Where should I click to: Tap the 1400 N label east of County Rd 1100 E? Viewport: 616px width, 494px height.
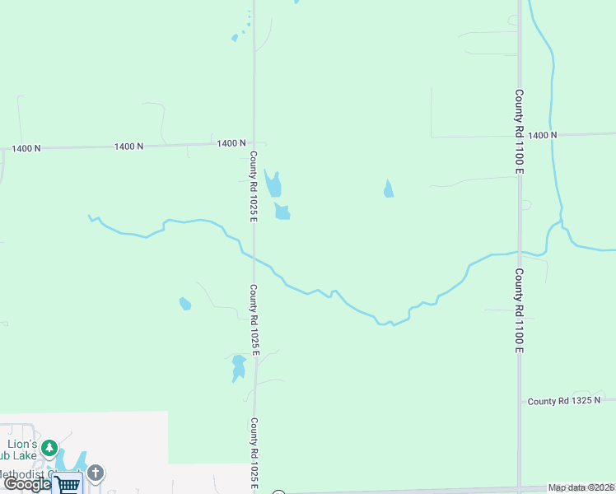(543, 135)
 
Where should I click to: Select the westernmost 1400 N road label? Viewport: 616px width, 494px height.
(26, 148)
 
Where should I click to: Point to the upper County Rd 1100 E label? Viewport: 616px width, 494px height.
(520, 132)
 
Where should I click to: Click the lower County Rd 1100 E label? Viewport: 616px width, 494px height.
(520, 310)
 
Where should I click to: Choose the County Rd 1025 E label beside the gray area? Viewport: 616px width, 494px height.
(254, 455)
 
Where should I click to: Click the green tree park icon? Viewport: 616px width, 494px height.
(50, 449)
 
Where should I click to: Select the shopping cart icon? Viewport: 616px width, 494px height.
(69, 485)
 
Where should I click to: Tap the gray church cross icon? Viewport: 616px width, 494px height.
(96, 473)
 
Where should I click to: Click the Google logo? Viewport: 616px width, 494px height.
(27, 485)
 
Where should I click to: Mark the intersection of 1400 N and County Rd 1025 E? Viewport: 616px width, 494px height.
(254, 143)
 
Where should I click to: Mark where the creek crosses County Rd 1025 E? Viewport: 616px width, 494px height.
(254, 259)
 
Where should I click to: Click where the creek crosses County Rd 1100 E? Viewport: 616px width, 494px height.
(520, 251)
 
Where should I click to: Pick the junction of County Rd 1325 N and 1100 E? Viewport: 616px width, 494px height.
(520, 401)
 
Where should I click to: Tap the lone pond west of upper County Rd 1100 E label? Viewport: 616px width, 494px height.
(388, 189)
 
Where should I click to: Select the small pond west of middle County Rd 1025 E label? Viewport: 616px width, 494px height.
(185, 304)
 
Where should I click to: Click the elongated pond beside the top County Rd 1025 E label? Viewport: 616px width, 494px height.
(273, 182)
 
